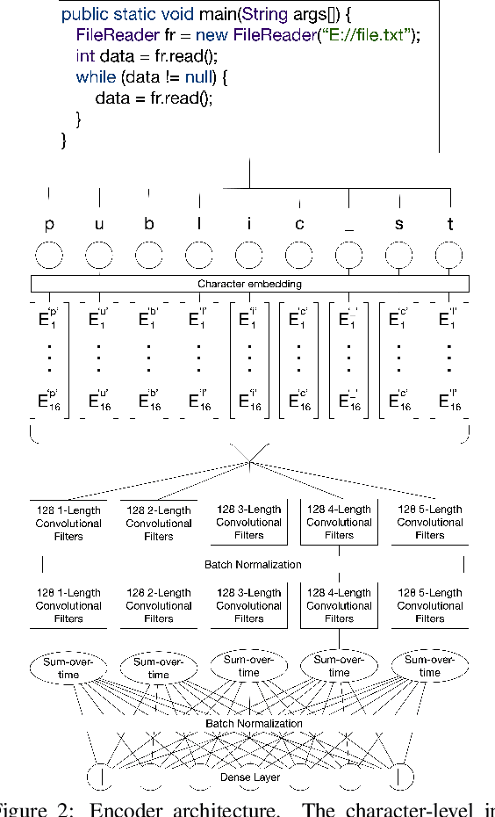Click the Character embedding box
(249, 284)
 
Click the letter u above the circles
(99, 224)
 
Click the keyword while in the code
(96, 76)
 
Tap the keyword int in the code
(84, 55)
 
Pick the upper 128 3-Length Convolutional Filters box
(249, 522)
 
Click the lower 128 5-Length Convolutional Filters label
(430, 605)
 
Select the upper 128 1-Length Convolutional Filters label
(68, 523)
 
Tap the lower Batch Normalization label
(254, 724)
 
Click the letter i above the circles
(249, 224)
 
